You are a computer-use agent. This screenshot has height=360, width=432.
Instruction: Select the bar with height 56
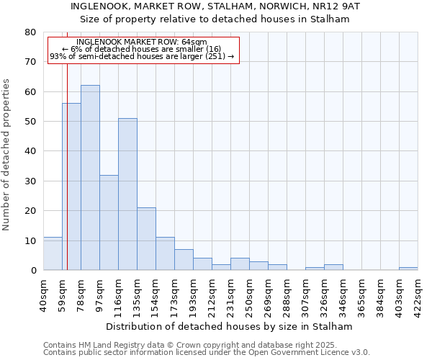pos(71,186)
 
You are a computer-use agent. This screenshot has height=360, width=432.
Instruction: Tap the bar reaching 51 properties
pos(127,194)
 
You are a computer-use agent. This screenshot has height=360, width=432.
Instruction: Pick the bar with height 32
pos(109,222)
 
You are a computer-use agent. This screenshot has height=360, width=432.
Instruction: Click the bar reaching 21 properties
pos(146,239)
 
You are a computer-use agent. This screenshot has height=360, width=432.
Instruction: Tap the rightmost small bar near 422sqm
pos(408,269)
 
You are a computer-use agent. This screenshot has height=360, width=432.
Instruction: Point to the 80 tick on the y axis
pos(30,32)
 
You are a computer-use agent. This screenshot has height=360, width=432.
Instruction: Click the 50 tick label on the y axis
pos(30,122)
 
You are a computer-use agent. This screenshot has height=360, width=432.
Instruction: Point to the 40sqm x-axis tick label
pos(43,292)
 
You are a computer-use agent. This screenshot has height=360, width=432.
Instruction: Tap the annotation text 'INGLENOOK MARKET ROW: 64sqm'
pos(141,42)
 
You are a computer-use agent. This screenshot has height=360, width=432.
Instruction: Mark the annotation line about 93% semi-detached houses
pos(142,56)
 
